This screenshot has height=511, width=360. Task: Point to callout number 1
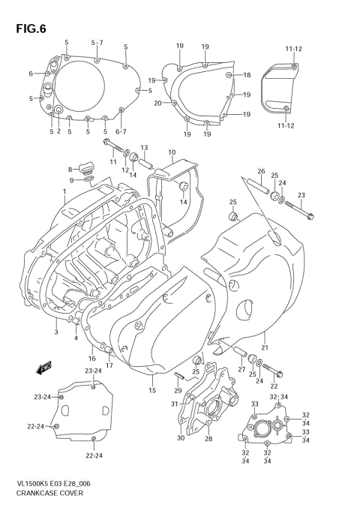[64, 191]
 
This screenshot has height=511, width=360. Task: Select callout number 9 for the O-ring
[72, 180]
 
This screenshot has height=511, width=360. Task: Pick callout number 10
[172, 152]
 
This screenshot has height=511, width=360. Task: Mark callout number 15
[151, 390]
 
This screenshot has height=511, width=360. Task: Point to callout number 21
[264, 347]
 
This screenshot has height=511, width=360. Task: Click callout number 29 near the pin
[178, 389]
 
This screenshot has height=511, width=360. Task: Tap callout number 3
[55, 331]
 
